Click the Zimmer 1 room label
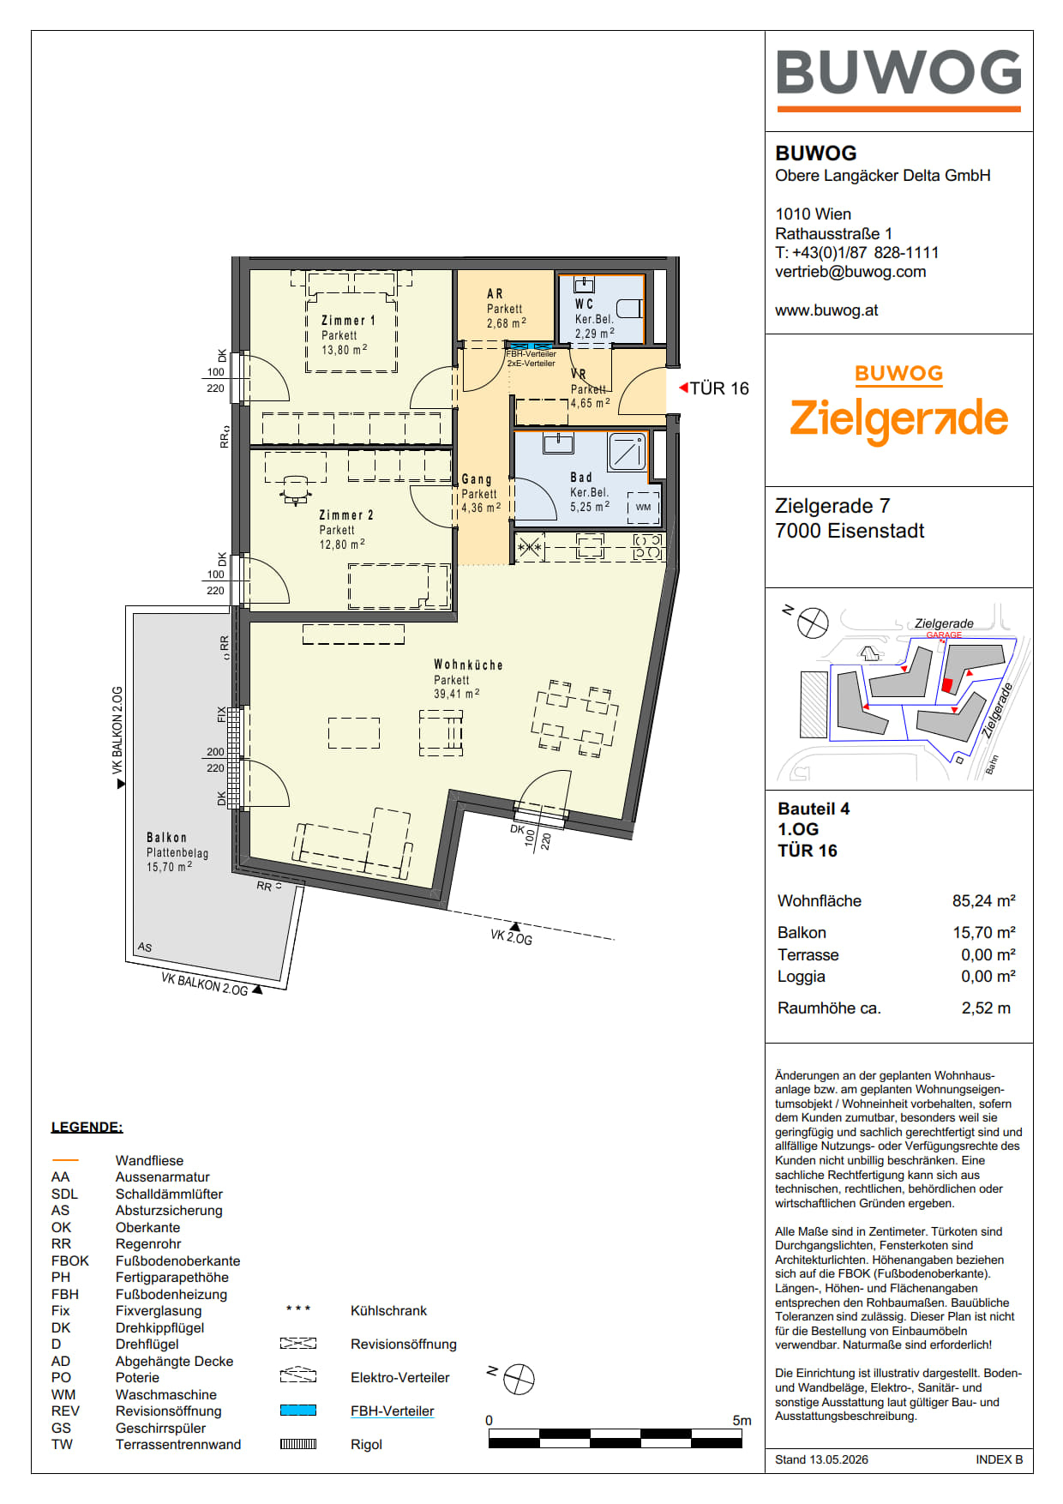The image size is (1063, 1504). [x=348, y=320]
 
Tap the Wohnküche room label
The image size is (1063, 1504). [x=468, y=665]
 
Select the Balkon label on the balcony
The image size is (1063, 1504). [x=166, y=837]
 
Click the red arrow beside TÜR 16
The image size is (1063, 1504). [x=683, y=388]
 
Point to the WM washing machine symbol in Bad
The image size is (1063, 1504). [x=643, y=507]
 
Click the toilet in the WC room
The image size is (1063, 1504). [x=629, y=308]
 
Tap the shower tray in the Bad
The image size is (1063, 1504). [x=627, y=451]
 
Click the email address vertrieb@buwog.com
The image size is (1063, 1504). [x=850, y=272]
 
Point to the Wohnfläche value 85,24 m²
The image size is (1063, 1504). [x=983, y=900]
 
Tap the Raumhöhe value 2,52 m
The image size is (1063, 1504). [x=986, y=1008]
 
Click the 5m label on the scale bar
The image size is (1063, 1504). [x=742, y=1420]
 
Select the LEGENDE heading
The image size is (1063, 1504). [x=87, y=1127]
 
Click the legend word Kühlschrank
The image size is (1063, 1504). [x=388, y=1310]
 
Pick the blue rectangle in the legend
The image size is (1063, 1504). [x=298, y=1411]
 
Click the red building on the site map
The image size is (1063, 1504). [x=947, y=685]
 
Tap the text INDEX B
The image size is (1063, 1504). [x=999, y=1459]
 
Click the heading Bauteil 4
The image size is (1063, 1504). [x=814, y=809]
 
